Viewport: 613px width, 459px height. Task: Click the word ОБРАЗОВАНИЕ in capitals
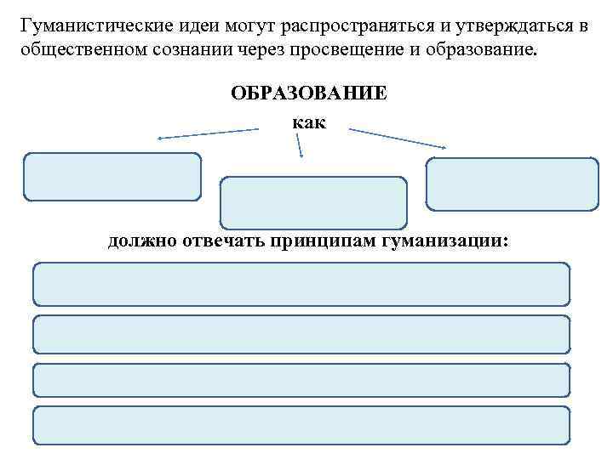point(308,93)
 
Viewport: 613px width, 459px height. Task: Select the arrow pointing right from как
point(399,139)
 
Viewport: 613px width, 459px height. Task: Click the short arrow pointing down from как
point(299,148)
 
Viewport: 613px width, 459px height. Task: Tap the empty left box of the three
point(112,177)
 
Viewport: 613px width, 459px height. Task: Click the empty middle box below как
point(313,202)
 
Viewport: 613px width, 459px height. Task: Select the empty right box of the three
point(512,184)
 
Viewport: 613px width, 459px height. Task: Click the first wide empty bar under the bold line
point(301,284)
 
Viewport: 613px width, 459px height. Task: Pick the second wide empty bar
point(301,334)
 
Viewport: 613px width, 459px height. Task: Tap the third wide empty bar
point(301,379)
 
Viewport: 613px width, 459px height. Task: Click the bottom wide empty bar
point(301,425)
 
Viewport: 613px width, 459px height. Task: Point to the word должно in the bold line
point(140,242)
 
